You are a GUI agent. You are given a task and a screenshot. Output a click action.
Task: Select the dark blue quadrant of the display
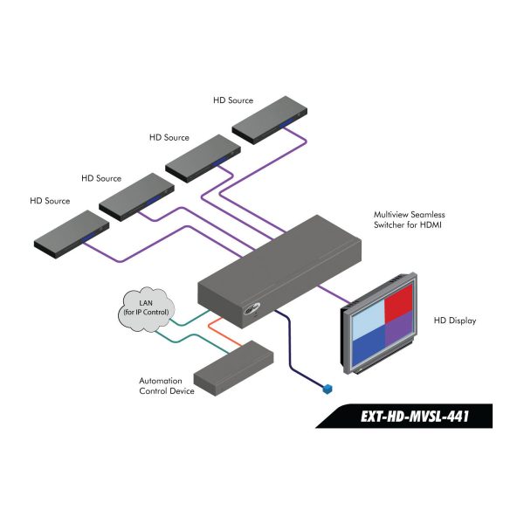tap(369, 346)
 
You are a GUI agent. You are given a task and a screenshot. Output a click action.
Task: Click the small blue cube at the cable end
tap(327, 389)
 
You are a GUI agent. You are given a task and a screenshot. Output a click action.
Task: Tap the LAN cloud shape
tap(147, 309)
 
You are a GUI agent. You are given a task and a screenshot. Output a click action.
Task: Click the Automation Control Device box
tap(233, 369)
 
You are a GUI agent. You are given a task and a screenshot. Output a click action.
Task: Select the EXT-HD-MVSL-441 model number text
tap(415, 417)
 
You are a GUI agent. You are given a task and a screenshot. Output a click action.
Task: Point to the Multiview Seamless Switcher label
tap(409, 219)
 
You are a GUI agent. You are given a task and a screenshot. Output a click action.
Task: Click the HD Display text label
tap(455, 321)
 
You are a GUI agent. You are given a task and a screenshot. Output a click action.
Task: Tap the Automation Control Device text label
tap(167, 386)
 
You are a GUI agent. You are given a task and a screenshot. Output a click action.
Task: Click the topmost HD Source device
tap(270, 121)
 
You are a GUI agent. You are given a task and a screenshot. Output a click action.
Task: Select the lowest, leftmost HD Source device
tap(72, 234)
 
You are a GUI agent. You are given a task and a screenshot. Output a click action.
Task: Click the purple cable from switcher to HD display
tap(334, 294)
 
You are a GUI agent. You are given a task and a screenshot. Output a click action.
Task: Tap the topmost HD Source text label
tap(233, 100)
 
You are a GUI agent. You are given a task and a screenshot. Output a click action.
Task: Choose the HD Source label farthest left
tap(50, 201)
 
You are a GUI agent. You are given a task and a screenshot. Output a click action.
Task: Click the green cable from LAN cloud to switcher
tap(190, 319)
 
